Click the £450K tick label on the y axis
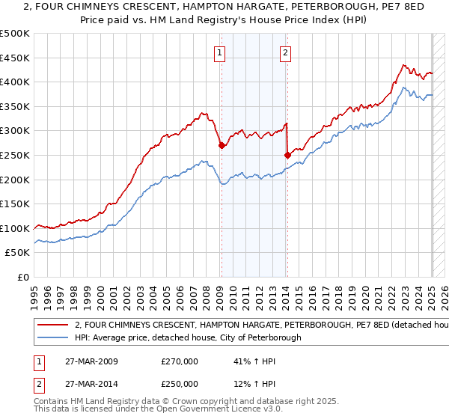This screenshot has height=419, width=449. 15,58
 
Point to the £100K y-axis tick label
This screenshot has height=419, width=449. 15,228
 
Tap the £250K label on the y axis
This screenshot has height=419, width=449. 15,155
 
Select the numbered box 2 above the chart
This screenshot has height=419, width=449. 287,52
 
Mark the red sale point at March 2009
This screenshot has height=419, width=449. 222,146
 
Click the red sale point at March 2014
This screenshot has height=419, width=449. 287,155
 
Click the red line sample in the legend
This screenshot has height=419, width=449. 52,325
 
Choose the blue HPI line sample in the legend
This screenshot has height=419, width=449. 52,337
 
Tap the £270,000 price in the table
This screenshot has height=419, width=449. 180,361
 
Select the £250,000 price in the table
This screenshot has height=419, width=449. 180,384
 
